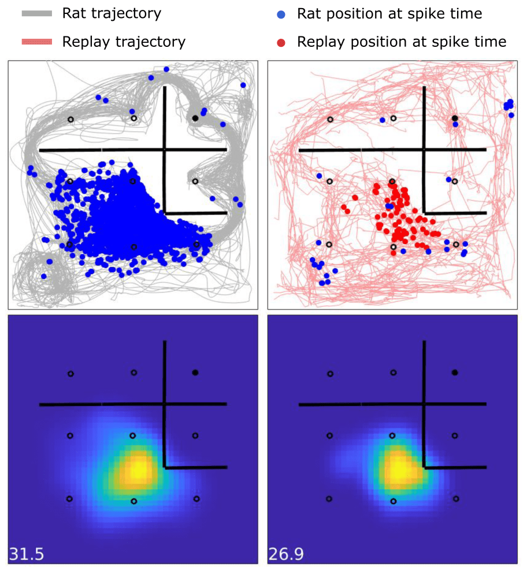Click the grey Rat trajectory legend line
coord(38,13)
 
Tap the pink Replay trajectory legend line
coord(38,42)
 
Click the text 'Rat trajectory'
coord(112,13)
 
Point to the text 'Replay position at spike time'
coord(402,42)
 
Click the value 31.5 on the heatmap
coord(26,554)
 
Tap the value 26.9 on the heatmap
coord(286,554)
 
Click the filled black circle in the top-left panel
coord(195,118)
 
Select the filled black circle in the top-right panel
coord(455,118)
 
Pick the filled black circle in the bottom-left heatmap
coord(195,372)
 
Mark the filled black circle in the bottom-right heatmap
coord(455,372)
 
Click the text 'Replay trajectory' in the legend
coord(124,42)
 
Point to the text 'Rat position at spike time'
coord(389,13)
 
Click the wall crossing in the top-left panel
coord(165,150)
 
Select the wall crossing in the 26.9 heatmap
coord(424,404)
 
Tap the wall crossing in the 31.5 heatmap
coord(165,404)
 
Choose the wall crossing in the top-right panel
coord(424,150)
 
